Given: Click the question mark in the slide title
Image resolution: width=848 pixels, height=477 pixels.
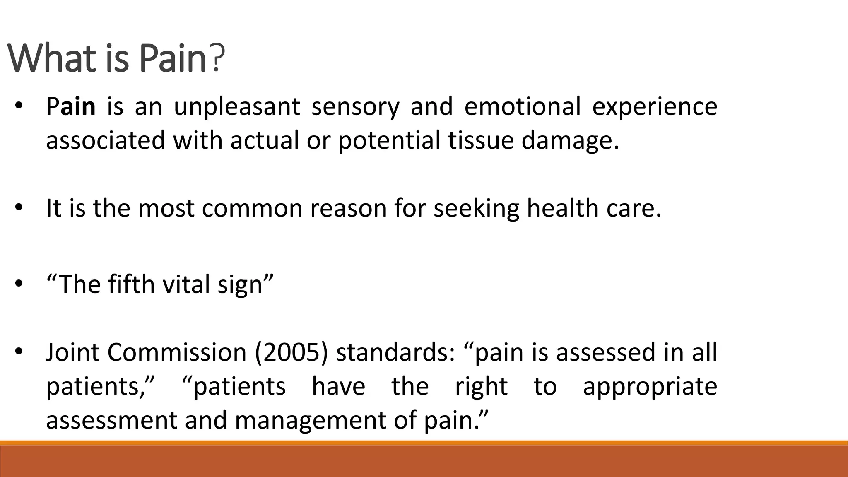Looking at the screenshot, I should (x=218, y=58).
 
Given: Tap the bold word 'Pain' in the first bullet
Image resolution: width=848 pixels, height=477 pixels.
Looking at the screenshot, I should (x=71, y=106).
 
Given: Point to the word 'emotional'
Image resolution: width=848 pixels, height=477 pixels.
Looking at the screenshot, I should (x=523, y=106).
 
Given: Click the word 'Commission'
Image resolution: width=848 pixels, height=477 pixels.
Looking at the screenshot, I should (x=177, y=352).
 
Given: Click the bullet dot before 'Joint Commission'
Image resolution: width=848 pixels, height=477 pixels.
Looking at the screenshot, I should (x=19, y=352).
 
